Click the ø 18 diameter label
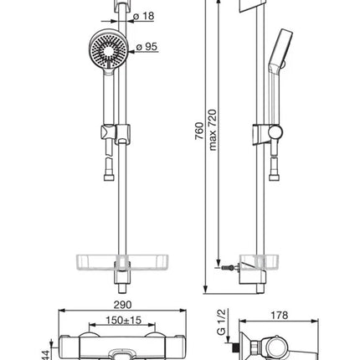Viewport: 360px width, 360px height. coord(144,16)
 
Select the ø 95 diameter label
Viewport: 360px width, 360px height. coord(147,47)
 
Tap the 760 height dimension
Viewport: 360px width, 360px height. coord(199,131)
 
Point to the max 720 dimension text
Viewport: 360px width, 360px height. coord(213,130)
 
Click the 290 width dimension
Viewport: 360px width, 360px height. coord(122,305)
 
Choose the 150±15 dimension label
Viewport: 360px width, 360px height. coord(124,320)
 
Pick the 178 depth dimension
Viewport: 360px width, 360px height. coord(280,316)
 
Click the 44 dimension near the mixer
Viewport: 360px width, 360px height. coord(45,355)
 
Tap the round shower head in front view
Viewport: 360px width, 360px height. coord(109,49)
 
